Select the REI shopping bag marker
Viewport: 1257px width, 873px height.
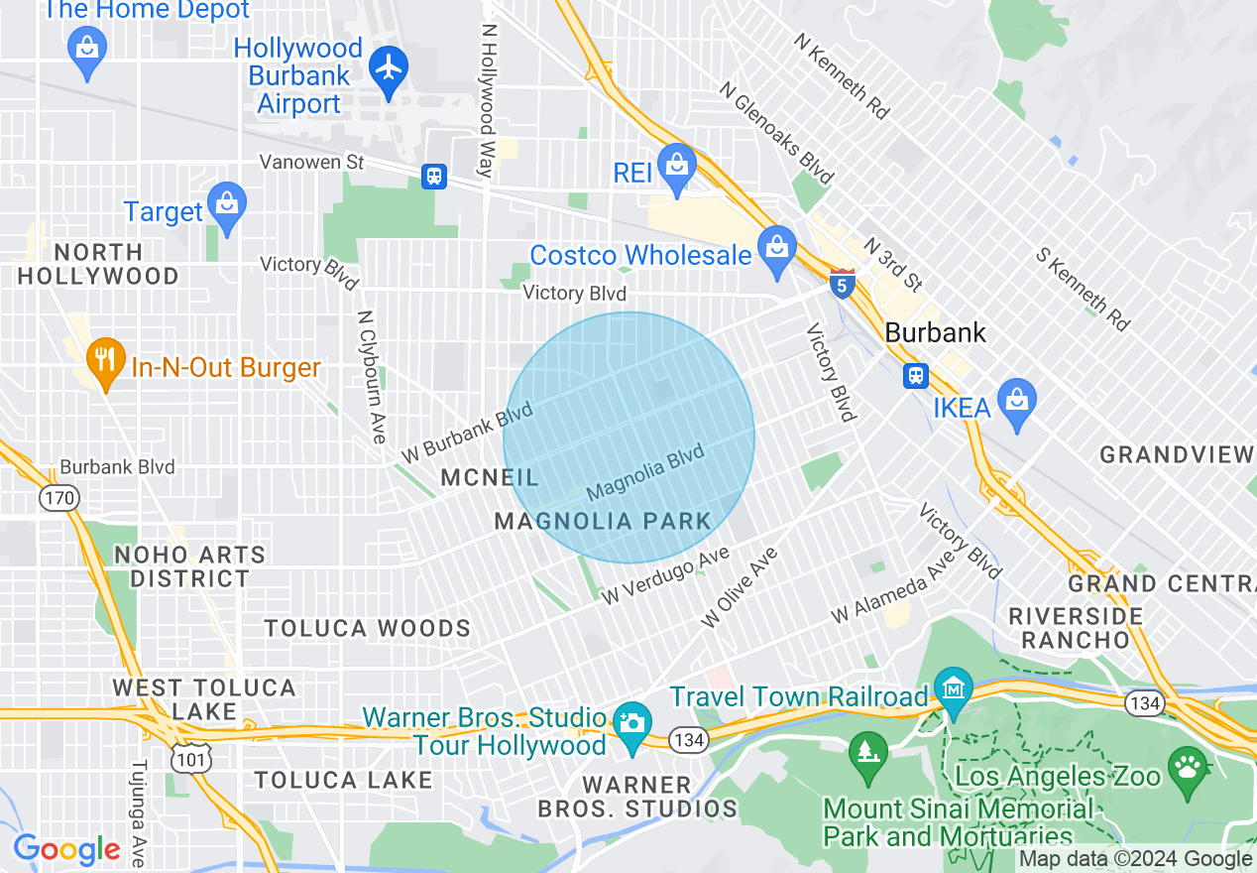pyautogui.click(x=678, y=168)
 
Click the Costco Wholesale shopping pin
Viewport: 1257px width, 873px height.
pyautogui.click(x=776, y=249)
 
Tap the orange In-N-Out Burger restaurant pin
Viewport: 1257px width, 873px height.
pyautogui.click(x=103, y=362)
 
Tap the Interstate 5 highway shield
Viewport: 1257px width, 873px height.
pyautogui.click(x=842, y=285)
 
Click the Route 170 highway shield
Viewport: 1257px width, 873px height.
pyautogui.click(x=60, y=497)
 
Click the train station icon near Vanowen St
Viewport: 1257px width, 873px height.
pyautogui.click(x=433, y=177)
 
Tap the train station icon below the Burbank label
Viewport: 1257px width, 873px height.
pyautogui.click(x=915, y=375)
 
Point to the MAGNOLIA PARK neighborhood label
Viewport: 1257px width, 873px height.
pyautogui.click(x=603, y=521)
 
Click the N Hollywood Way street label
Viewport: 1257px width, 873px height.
pyautogui.click(x=488, y=99)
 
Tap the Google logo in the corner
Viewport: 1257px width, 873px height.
pyautogui.click(x=66, y=849)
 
